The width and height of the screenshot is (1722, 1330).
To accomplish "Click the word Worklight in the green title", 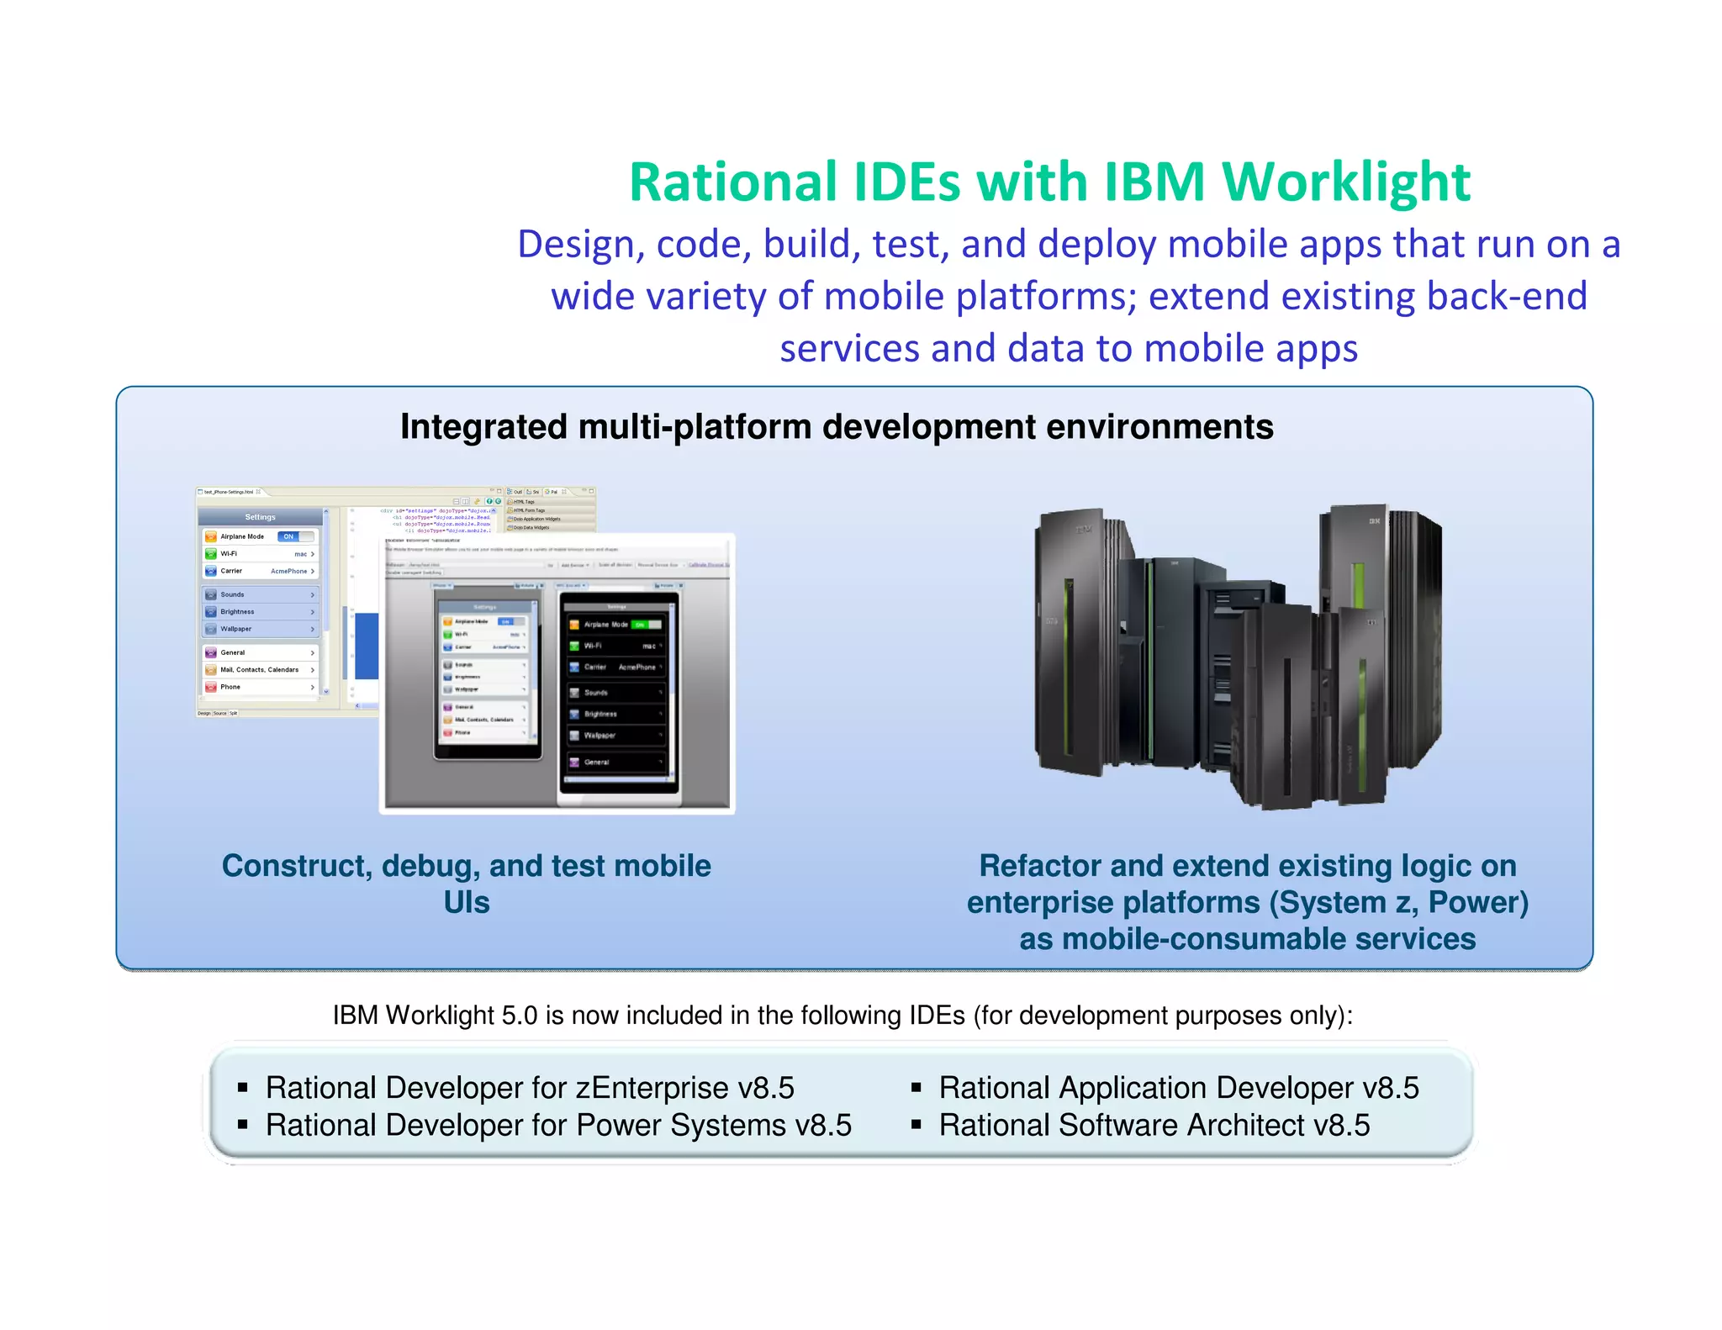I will [1345, 182].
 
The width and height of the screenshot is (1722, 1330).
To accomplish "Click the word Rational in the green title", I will [733, 182].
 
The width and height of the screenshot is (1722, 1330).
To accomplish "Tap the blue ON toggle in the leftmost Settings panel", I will [289, 536].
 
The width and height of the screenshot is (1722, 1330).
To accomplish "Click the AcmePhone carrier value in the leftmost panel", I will [288, 571].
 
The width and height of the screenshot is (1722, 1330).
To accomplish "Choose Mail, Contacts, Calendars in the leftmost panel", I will [259, 670].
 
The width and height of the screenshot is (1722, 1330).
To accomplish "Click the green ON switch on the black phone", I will [641, 625].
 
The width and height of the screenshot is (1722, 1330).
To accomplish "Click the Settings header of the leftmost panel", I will [260, 517].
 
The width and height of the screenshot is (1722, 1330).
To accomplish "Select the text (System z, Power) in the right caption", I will [1398, 903].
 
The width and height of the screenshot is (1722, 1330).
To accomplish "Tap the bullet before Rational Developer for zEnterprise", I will [242, 1088].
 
